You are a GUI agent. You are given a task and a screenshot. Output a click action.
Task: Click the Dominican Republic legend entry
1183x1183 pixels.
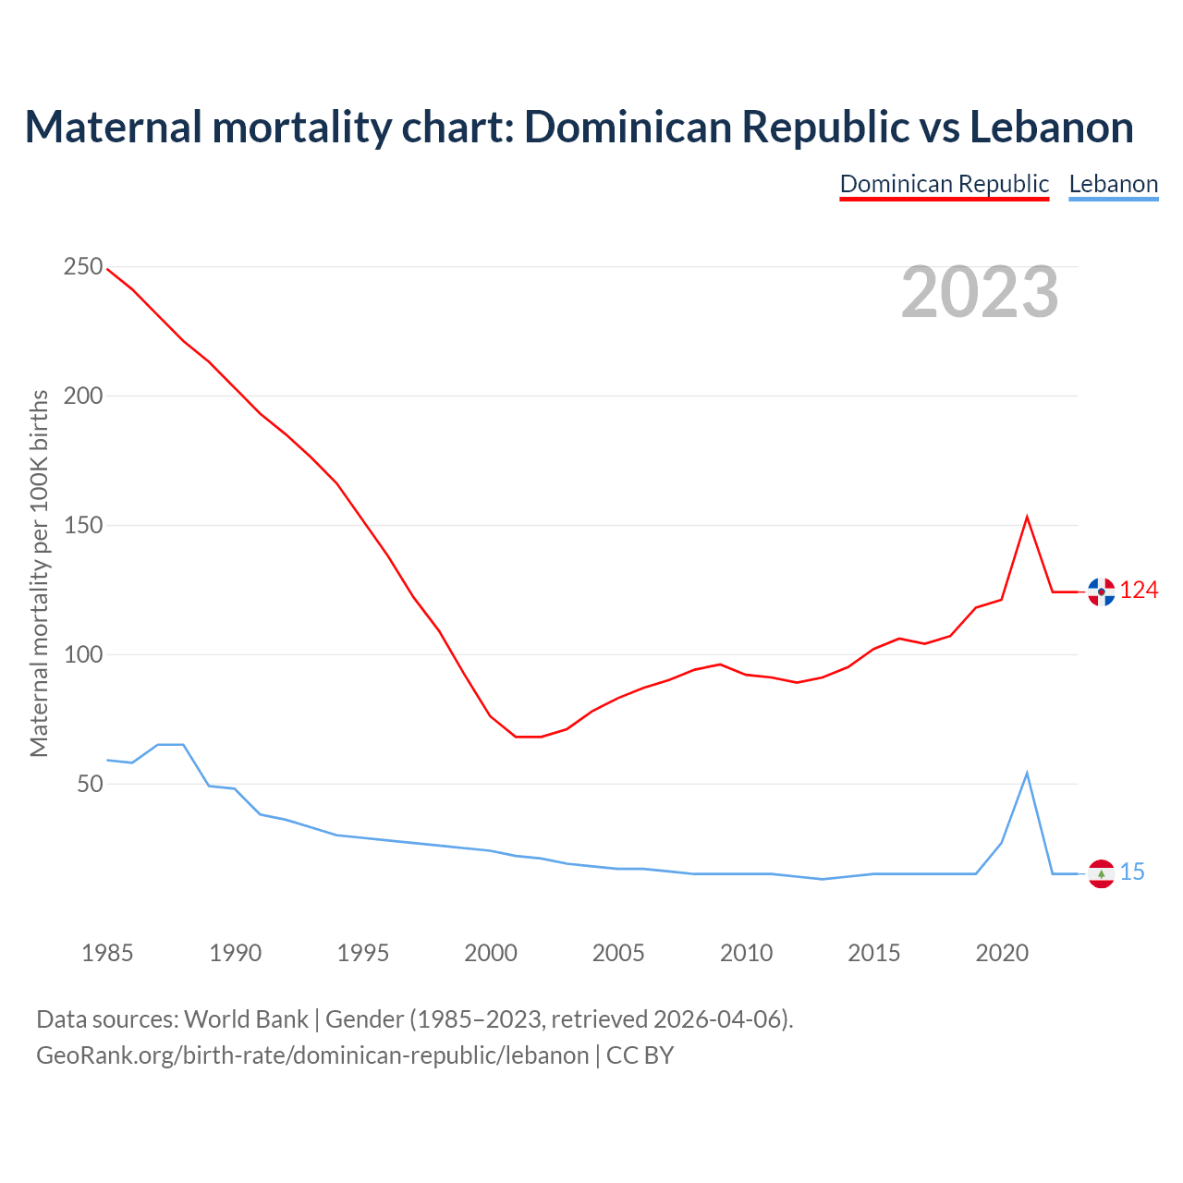point(944,184)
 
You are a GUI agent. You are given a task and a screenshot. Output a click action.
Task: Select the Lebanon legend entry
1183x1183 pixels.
point(1113,184)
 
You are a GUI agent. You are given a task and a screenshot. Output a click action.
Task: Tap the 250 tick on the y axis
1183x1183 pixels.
point(82,267)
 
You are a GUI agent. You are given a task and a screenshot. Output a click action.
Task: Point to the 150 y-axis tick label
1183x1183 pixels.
point(82,526)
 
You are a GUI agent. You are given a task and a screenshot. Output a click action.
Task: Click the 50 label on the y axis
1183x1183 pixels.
point(89,785)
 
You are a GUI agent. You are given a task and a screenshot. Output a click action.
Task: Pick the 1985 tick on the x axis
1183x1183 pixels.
point(107,953)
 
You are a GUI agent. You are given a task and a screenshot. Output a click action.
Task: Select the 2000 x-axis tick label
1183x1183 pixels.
point(491,953)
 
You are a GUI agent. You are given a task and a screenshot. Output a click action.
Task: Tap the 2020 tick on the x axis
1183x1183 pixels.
point(1002,953)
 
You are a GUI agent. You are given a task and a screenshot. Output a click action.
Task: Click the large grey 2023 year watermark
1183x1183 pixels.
point(980,292)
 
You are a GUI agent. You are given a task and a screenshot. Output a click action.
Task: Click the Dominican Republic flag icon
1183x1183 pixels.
point(1101,591)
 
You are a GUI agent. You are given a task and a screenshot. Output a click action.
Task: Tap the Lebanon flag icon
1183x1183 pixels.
point(1101,873)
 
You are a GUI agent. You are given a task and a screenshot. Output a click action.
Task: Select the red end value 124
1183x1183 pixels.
point(1139,591)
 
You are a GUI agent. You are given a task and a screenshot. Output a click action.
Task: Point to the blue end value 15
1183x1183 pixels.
point(1132,872)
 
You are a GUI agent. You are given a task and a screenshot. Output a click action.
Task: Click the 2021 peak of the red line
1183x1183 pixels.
point(1027,518)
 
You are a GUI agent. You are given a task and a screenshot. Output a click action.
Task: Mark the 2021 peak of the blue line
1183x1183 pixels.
point(1027,774)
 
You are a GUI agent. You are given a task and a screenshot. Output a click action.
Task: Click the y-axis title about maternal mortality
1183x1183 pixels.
point(39,573)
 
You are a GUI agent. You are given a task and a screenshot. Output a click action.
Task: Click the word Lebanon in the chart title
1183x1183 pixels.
point(1051,128)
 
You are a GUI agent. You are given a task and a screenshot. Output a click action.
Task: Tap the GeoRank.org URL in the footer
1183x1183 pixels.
point(312,1055)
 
